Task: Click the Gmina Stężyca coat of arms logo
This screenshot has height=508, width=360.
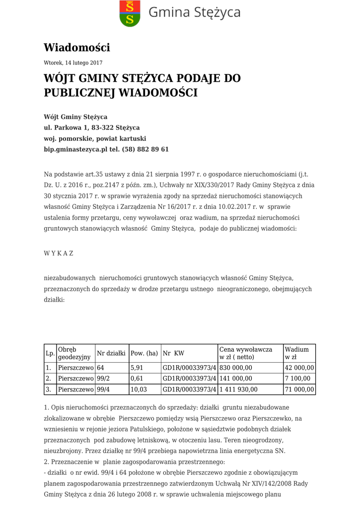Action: [x=130, y=13]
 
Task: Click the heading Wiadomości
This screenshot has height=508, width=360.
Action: [x=77, y=48]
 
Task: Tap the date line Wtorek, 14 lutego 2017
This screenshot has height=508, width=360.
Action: [x=73, y=63]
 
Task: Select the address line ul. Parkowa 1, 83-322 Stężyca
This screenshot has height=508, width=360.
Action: [x=92, y=128]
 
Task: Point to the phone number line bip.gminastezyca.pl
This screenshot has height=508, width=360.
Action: [x=106, y=149]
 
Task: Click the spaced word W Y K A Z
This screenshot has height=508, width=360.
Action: [x=59, y=254]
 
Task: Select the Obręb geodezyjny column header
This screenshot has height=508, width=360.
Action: [x=74, y=353]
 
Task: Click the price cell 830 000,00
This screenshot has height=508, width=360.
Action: [x=236, y=368]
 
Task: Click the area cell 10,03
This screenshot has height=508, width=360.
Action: [x=139, y=390]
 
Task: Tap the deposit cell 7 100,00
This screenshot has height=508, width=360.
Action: [x=297, y=379]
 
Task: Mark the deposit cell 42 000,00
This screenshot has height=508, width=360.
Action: [x=299, y=368]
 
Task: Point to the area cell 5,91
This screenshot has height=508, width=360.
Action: [x=137, y=368]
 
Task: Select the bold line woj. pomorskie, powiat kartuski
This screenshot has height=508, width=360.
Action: [x=95, y=138]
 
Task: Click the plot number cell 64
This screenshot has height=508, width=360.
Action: [x=101, y=368]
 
